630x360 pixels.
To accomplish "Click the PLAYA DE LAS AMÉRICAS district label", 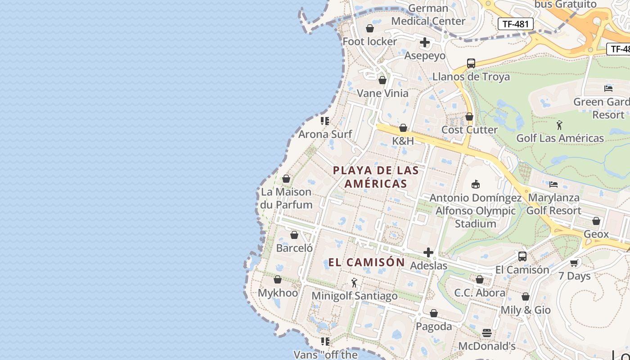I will click(376, 177).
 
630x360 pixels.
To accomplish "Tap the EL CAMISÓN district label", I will click(367, 262).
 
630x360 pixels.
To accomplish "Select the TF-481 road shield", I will click(515, 24).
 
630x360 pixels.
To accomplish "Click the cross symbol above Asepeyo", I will click(425, 43).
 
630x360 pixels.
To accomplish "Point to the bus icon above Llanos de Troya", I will click(471, 63).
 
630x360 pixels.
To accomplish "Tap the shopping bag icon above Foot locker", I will click(370, 29).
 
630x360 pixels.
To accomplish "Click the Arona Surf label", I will click(325, 134).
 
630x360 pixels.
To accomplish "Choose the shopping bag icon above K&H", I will click(403, 128).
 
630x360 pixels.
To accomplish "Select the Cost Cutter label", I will click(469, 130).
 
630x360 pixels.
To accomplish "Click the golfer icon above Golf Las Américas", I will click(559, 125).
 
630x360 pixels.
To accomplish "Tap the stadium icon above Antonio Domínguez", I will click(476, 184).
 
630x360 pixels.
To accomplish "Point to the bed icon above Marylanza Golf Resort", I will click(553, 184).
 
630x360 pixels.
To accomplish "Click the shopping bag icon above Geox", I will click(596, 221).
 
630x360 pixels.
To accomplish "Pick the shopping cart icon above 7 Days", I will click(574, 263).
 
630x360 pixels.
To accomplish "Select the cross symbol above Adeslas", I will click(428, 252).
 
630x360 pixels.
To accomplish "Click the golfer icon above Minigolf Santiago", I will click(354, 283).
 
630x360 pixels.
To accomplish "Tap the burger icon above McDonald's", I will click(487, 333).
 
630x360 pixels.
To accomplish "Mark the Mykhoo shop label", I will click(278, 293).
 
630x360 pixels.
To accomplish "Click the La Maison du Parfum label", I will click(286, 198).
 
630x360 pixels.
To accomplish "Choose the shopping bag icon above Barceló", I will click(294, 235).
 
